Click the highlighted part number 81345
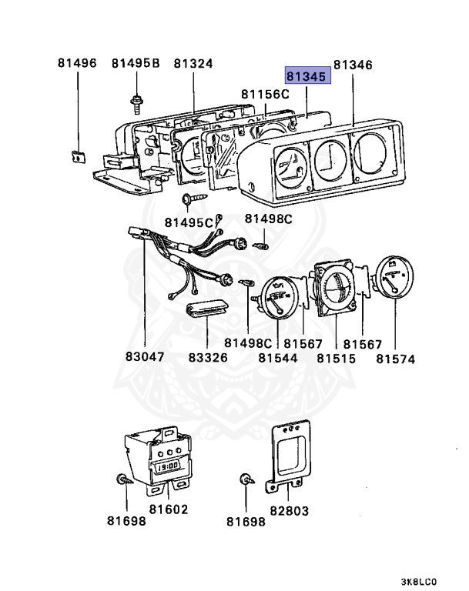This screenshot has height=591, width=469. pyautogui.click(x=307, y=75)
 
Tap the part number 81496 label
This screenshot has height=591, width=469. pyautogui.click(x=77, y=62)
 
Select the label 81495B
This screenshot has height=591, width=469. pyautogui.click(x=136, y=63)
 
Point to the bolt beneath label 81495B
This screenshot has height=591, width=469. pyautogui.click(x=136, y=104)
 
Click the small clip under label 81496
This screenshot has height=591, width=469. pyautogui.click(x=79, y=156)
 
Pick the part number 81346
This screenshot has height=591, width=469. pyautogui.click(x=353, y=65)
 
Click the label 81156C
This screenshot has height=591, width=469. pyautogui.click(x=265, y=94)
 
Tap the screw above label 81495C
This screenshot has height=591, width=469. pyautogui.click(x=194, y=198)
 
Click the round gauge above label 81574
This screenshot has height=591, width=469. pyautogui.click(x=394, y=277)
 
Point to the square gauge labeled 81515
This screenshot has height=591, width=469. pyautogui.click(x=336, y=288)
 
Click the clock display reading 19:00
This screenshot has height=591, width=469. pyautogui.click(x=168, y=466)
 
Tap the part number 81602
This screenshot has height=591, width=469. pyautogui.click(x=169, y=509)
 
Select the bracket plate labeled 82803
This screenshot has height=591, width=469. pyautogui.click(x=289, y=456)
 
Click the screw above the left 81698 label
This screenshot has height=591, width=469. pyautogui.click(x=124, y=479)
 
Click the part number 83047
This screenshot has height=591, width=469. pyautogui.click(x=145, y=356)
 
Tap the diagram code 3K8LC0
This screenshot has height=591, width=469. pyautogui.click(x=418, y=582)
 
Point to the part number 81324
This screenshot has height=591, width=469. pyautogui.click(x=193, y=63)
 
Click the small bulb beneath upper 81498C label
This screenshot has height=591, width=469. pyautogui.click(x=261, y=246)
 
